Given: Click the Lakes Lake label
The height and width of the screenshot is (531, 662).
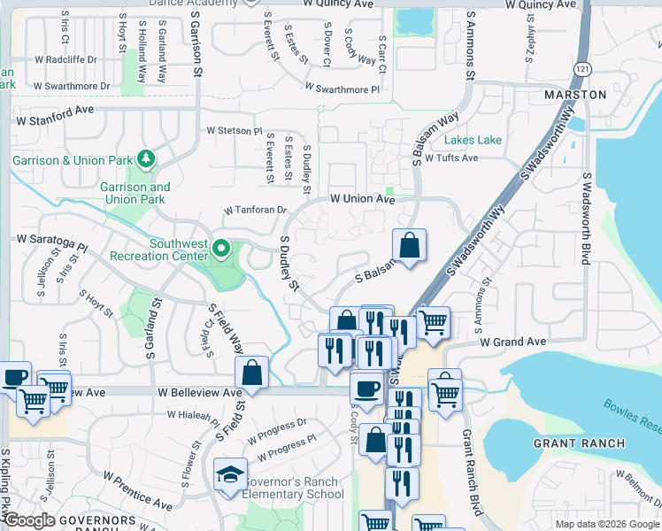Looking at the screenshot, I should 473,140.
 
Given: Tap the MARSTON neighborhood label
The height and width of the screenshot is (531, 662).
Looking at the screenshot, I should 575,95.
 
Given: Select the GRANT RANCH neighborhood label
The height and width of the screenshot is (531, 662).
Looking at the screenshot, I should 579,442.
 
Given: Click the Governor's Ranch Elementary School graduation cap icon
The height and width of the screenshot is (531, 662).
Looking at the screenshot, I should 230,474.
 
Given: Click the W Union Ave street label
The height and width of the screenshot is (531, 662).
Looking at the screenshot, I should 362,200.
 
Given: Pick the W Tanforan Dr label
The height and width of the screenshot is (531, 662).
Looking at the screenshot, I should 256,211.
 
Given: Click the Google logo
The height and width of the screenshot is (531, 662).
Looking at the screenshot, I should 29,521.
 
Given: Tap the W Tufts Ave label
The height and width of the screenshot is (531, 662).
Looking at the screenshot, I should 450,158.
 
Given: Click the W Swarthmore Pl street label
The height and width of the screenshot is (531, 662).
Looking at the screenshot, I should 342,88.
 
